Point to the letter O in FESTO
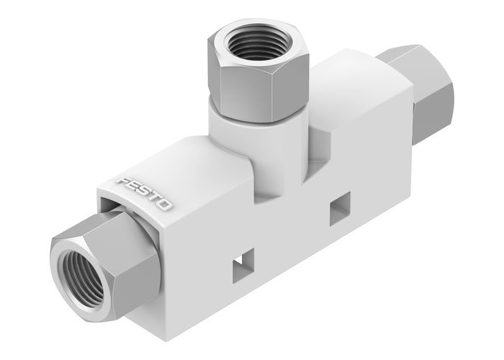click(x=166, y=206)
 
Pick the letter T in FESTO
click(x=155, y=199)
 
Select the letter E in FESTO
click(x=133, y=186)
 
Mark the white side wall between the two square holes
click(x=292, y=238)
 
